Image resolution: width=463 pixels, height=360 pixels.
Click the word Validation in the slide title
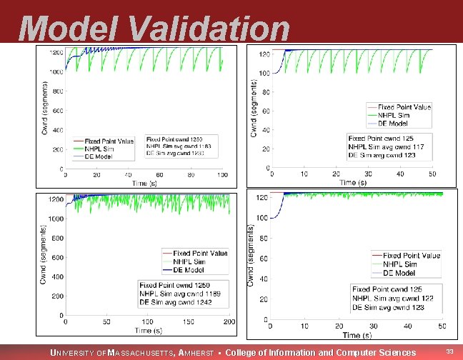click(x=211, y=29)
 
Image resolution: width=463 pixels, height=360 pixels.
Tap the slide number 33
click(x=449, y=351)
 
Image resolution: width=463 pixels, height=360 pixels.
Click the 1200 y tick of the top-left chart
click(x=55, y=53)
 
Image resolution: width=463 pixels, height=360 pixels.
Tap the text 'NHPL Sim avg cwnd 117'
click(x=386, y=146)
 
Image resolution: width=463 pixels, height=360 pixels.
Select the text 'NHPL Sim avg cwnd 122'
click(x=392, y=298)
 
